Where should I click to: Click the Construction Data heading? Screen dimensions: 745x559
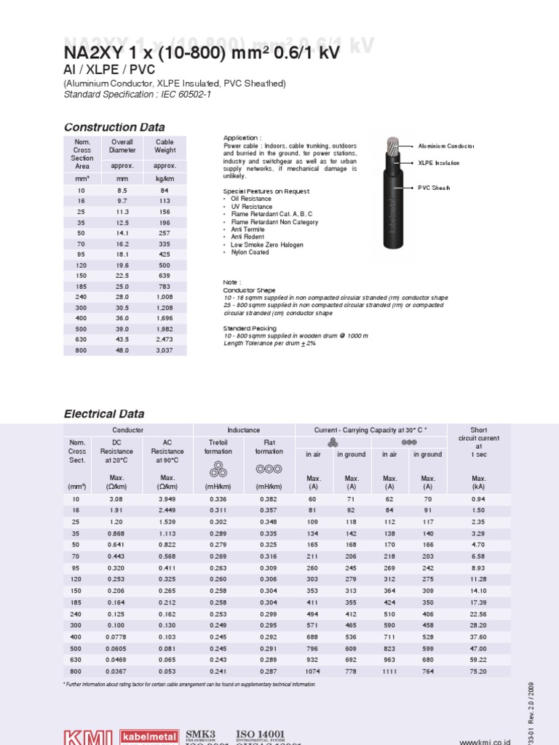[x=114, y=127]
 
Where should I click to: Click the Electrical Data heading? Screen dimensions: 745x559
[x=104, y=414]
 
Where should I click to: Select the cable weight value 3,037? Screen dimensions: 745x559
[x=165, y=350]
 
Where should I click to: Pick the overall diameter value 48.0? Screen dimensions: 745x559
[x=122, y=350]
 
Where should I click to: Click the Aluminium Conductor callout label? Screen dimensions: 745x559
[x=446, y=146]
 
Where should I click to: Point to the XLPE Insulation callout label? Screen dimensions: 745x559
[x=439, y=163]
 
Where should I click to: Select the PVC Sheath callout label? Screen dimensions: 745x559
[x=434, y=188]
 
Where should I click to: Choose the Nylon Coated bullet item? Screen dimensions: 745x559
[x=251, y=252]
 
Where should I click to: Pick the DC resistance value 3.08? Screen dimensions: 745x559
[x=116, y=499]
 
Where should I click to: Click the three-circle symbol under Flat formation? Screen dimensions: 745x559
[x=269, y=469]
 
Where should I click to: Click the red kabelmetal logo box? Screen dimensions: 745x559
[x=149, y=736]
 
